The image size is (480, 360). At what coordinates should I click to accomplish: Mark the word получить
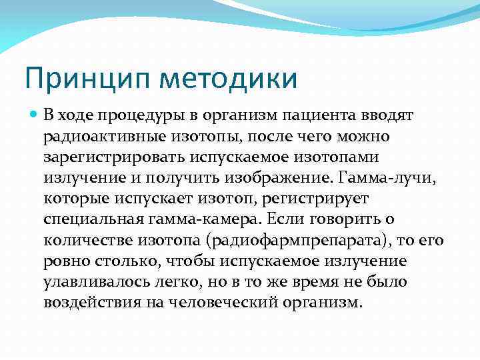pos(183,177)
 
